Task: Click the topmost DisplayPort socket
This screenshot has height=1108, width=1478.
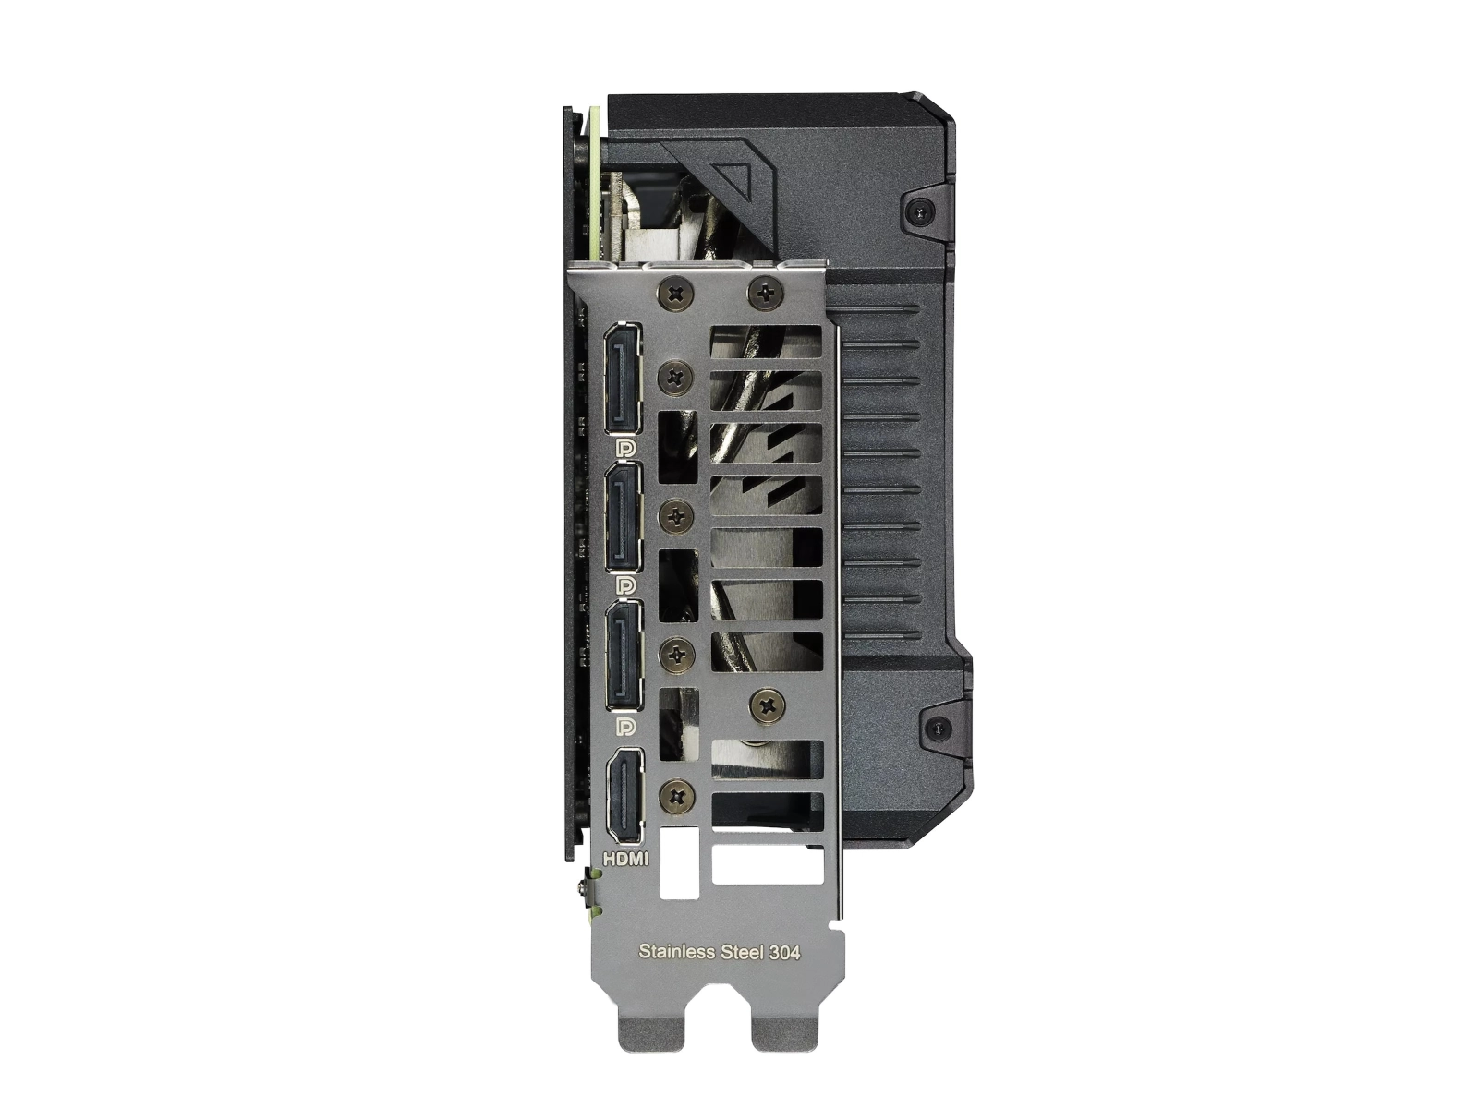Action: point(625,379)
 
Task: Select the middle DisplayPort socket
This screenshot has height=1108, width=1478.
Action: point(625,518)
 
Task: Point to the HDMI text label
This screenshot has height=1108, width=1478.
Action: point(625,859)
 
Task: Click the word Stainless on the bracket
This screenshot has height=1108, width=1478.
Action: point(676,951)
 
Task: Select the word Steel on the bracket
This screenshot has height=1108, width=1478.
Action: point(740,951)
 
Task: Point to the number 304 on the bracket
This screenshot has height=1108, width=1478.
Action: point(781,951)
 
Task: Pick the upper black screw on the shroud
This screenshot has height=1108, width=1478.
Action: point(919,211)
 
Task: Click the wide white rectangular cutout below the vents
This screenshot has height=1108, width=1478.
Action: point(767,865)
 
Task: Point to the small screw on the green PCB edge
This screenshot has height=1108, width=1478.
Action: point(582,888)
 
